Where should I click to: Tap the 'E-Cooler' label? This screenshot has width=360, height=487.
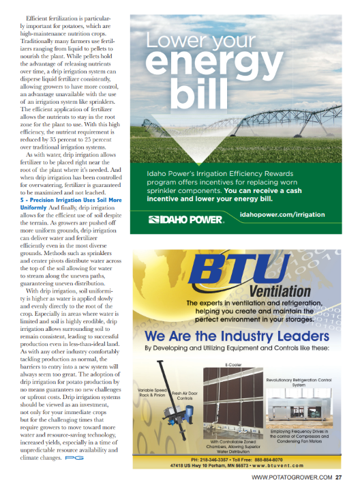235,365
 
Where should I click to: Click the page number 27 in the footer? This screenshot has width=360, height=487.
347,477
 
